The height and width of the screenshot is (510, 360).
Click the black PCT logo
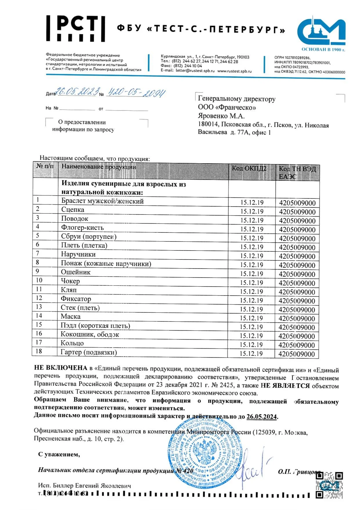[x=75, y=28]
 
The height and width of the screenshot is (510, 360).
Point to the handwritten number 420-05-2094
[x=136, y=92]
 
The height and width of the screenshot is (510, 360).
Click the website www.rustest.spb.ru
[x=234, y=71]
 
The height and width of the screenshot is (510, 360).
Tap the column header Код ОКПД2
[x=249, y=169]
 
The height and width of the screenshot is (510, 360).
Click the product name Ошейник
[x=76, y=272]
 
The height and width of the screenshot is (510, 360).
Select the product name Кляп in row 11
[x=69, y=290]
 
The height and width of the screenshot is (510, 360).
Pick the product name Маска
[x=71, y=316]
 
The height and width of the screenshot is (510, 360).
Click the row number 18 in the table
[x=39, y=351]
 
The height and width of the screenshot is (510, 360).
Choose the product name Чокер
[x=70, y=281]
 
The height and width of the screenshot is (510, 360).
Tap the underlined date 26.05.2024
[x=261, y=417]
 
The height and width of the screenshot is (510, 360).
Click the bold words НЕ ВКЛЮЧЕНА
[x=61, y=368]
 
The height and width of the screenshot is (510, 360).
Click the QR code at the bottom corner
[x=329, y=485]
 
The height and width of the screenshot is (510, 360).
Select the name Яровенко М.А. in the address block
[x=221, y=116]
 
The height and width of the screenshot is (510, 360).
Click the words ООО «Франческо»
[x=227, y=108]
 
